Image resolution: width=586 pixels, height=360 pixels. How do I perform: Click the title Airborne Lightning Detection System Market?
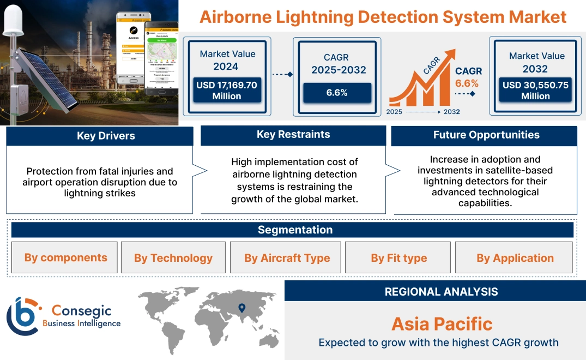[383, 17]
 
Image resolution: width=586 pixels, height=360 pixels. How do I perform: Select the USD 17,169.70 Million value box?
[227, 91]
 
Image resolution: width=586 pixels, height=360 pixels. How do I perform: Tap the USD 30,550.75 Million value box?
[535, 91]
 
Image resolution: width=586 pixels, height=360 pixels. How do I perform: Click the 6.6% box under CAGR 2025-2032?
[337, 93]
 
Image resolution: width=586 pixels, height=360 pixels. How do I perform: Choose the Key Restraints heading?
[293, 134]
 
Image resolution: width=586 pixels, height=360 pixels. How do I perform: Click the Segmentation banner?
[295, 230]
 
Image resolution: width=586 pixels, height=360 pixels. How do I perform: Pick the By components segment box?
[66, 257]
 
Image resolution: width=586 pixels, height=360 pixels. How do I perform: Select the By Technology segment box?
[173, 258]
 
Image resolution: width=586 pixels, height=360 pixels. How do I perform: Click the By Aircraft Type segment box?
[287, 258]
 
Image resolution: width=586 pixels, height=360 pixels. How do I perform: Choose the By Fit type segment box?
[398, 258]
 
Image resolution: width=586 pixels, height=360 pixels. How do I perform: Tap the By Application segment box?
[515, 258]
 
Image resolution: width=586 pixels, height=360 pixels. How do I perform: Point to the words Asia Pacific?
[442, 324]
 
